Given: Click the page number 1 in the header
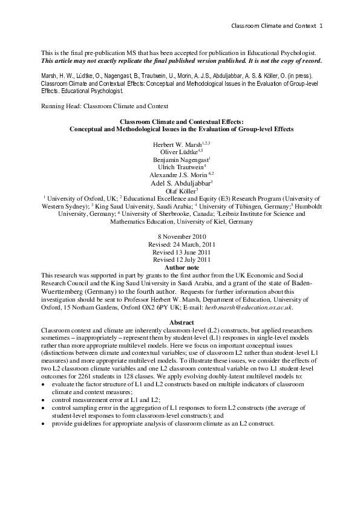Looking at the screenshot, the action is [321, 25].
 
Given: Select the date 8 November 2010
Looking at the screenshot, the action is [180, 236].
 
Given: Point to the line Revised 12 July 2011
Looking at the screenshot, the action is [180, 259].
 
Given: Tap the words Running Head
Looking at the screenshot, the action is [59, 106].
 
